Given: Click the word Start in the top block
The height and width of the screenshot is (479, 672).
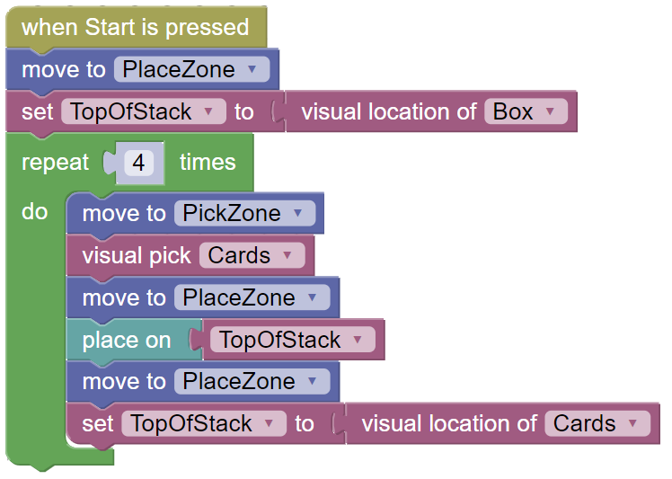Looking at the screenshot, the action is click(110, 27).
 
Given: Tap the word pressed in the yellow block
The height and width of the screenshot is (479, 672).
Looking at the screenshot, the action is click(207, 28).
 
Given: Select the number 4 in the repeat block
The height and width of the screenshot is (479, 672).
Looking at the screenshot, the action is click(138, 163).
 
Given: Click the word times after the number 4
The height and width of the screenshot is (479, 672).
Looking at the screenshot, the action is click(208, 162).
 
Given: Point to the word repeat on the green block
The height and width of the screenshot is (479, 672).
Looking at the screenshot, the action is click(55, 163).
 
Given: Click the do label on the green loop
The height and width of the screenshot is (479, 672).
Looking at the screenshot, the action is click(34, 211).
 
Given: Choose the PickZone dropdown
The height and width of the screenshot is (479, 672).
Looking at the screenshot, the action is click(244, 213).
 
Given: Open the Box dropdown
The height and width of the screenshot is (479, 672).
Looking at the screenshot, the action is click(526, 111).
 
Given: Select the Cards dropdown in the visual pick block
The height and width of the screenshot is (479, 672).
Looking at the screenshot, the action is click(252, 255).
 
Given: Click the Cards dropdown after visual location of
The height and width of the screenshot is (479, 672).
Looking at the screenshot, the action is click(597, 423).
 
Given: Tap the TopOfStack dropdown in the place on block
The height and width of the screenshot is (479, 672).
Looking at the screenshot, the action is click(292, 340).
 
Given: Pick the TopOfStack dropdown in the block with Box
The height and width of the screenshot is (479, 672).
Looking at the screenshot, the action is click(144, 111).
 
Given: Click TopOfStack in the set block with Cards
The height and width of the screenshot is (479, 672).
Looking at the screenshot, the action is click(204, 423).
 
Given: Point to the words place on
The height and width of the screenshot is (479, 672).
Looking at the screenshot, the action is click(127, 341).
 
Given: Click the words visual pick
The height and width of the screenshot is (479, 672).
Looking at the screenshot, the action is click(137, 256).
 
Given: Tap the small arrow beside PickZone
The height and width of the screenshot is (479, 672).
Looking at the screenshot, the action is click(298, 212).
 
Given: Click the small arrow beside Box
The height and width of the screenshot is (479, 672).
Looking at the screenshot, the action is click(551, 111).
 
